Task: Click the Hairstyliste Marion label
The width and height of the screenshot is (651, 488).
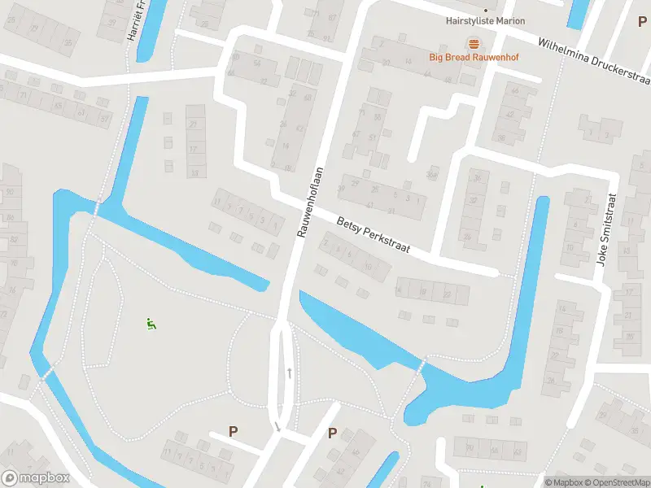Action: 486,21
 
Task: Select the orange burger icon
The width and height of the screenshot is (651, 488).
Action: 474,43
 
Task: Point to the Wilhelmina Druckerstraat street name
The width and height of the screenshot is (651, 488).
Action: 593,59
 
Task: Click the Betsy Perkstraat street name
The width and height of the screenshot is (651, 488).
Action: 373,233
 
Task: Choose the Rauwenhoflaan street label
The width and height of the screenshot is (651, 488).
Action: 311,202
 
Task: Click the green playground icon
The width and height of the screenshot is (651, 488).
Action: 151,324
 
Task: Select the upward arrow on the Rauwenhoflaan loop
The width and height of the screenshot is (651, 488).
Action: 290,373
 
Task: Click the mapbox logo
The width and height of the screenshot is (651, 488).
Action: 35,478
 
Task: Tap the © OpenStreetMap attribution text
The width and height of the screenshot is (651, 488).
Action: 616,482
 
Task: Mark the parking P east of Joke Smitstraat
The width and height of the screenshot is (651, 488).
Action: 642,159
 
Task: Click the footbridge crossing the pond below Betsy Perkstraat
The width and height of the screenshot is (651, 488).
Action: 421,368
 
